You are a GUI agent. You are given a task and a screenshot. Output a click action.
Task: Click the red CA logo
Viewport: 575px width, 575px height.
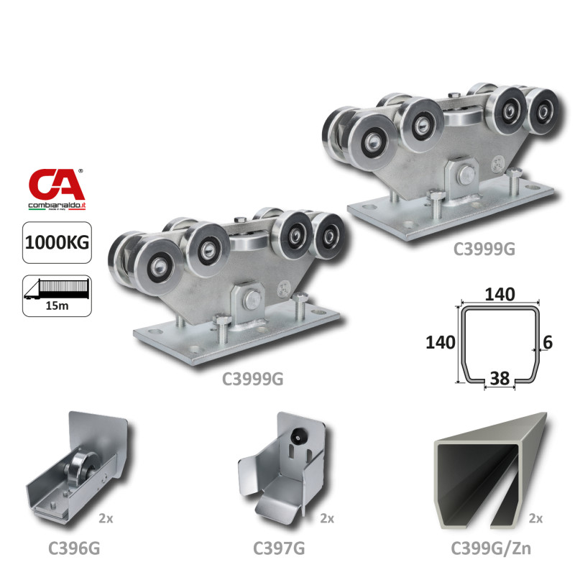pos(57,184)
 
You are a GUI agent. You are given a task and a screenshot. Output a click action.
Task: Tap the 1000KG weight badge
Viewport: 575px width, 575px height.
pos(57,242)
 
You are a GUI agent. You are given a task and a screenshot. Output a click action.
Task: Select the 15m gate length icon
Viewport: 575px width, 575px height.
pos(57,295)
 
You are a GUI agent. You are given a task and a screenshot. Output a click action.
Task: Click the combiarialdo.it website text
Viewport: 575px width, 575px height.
pos(57,206)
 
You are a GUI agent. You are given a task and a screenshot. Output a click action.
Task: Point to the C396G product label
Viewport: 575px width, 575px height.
pos(74,548)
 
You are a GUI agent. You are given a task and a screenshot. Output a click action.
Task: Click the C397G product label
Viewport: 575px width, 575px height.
pos(279,548)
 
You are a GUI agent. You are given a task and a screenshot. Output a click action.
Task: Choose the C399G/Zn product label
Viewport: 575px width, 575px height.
pos(491,548)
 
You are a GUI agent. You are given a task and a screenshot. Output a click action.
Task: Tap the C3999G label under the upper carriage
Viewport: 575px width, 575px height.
pos(484,249)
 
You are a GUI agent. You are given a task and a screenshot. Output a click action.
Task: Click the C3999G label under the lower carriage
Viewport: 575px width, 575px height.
pos(253,379)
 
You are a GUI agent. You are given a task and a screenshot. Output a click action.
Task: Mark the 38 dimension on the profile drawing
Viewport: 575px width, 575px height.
pos(500,378)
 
